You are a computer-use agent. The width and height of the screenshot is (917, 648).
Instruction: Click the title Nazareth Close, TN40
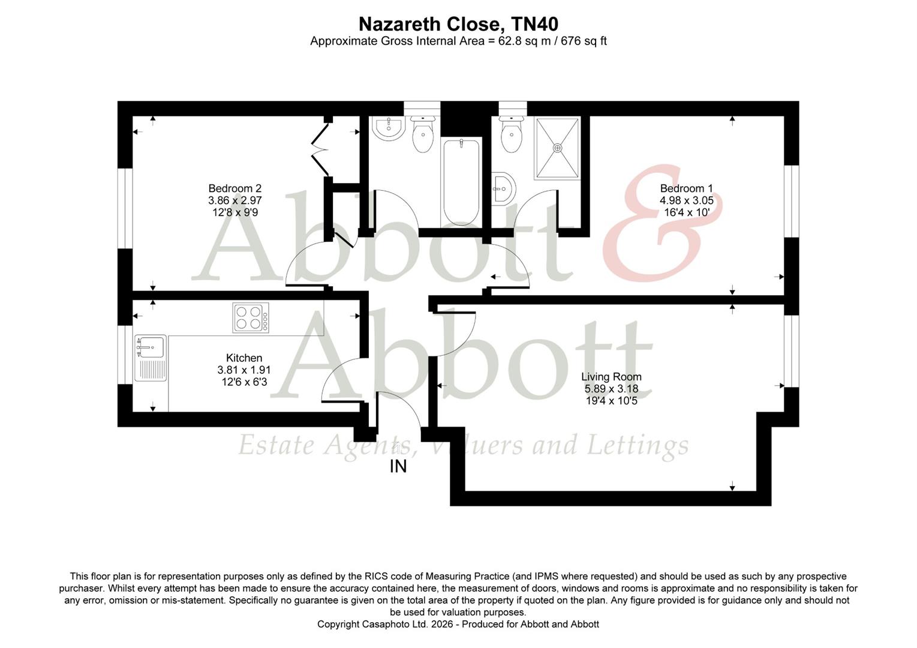(458, 24)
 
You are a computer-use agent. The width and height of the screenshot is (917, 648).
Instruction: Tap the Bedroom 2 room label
(234, 188)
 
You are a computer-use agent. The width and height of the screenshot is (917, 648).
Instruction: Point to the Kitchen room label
(244, 358)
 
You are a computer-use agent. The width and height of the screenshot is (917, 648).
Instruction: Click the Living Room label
(611, 377)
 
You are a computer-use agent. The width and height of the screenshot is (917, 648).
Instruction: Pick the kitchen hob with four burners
(251, 318)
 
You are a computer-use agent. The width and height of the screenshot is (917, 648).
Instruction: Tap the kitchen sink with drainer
(151, 358)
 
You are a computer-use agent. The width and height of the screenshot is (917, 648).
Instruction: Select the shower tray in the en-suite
(558, 148)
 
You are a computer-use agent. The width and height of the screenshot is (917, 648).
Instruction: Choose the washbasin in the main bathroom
(387, 127)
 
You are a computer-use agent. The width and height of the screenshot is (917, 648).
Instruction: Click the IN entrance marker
(398, 466)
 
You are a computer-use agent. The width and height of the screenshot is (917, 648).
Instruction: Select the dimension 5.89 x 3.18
(611, 389)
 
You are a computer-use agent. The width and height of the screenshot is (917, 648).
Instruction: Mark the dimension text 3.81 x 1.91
(244, 370)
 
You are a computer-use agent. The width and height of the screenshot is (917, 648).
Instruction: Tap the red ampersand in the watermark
(660, 228)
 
